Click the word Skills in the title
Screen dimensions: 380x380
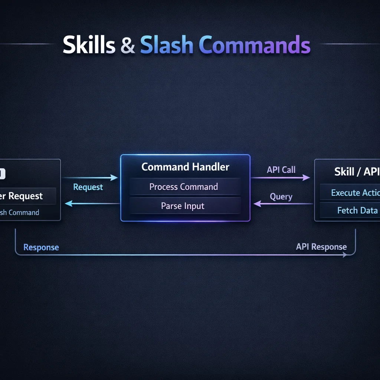[89, 45]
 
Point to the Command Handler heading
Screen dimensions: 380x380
[185, 167]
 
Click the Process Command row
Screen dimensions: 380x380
[183, 187]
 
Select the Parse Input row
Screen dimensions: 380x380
[183, 206]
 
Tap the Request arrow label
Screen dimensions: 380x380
[88, 187]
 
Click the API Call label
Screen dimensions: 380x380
[281, 170]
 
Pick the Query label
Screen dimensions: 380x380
[281, 197]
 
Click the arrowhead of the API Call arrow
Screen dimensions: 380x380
[307, 178]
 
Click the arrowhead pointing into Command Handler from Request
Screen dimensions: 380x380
[115, 178]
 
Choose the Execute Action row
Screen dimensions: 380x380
[355, 193]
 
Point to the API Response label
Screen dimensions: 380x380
[321, 247]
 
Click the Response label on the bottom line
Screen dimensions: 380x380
[41, 248]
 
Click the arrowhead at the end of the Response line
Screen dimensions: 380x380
[346, 255]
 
